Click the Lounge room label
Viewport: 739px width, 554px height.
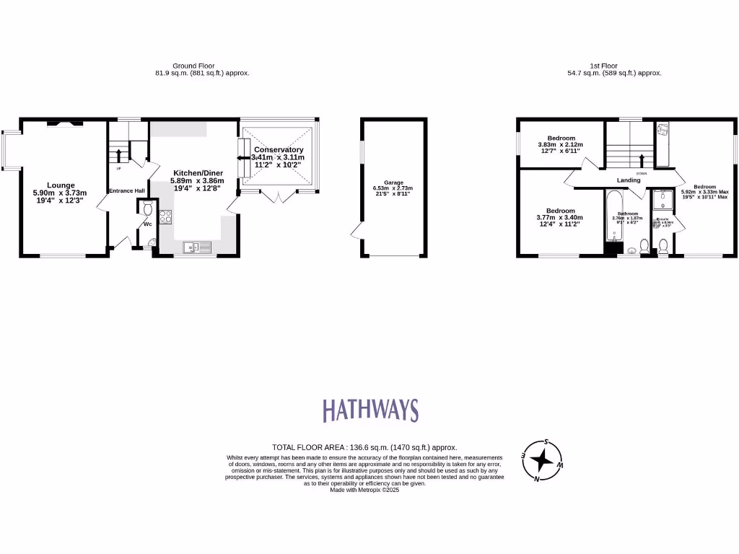click(61, 185)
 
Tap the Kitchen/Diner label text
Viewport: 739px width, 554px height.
click(196, 173)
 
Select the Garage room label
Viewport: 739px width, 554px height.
click(393, 183)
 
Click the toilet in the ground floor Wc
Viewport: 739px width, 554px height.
click(147, 209)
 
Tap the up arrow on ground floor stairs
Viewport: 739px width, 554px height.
click(118, 154)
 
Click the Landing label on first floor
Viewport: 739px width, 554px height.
click(628, 180)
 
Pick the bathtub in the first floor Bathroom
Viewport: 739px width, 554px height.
click(614, 216)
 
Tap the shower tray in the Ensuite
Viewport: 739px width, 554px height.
click(663, 201)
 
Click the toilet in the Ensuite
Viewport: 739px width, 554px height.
click(663, 246)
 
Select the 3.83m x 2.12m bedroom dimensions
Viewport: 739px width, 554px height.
click(561, 145)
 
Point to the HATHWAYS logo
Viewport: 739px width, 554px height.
click(369, 410)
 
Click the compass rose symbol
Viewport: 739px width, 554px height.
click(542, 460)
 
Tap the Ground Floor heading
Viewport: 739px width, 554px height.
click(193, 66)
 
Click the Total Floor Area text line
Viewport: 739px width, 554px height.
click(364, 447)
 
